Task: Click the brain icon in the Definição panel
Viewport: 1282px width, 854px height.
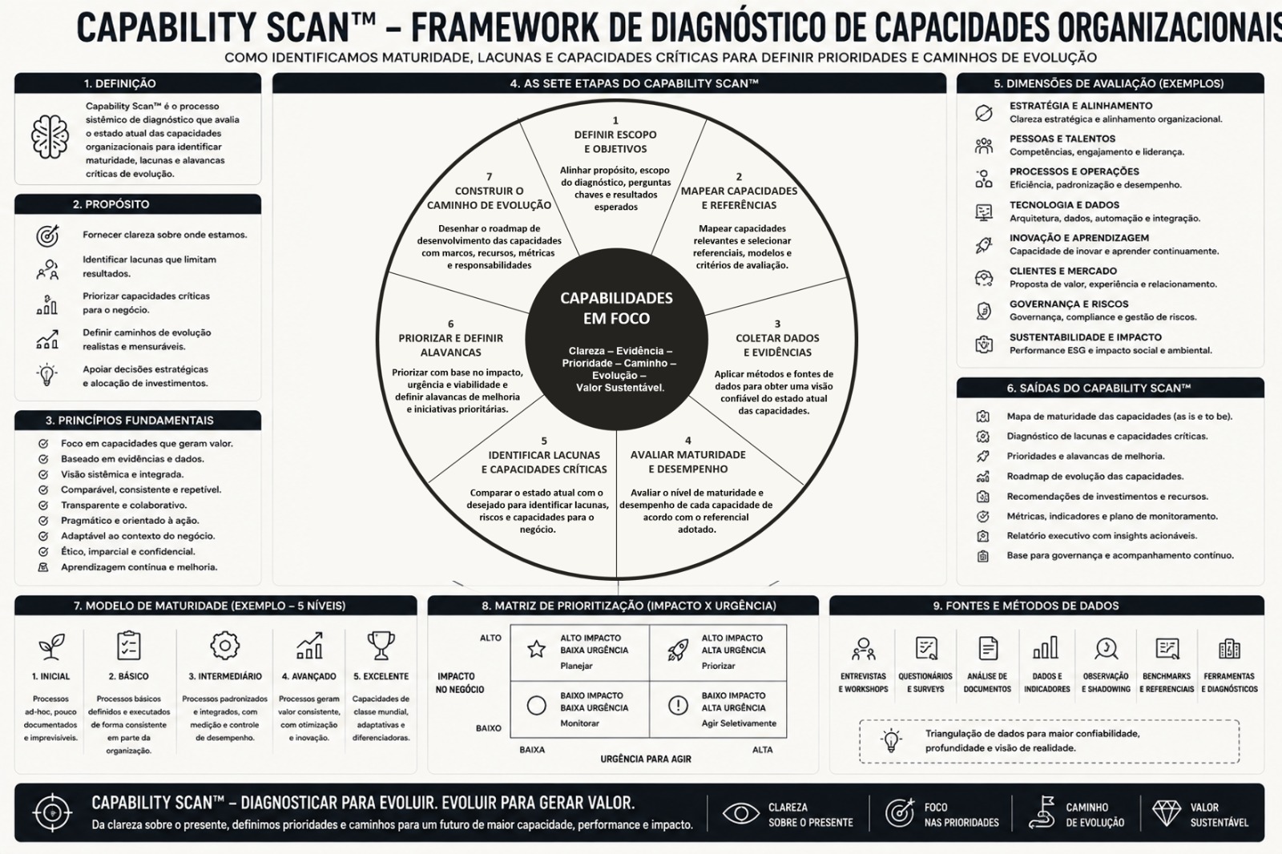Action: point(50,136)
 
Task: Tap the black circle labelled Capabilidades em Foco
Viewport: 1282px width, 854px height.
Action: point(616,340)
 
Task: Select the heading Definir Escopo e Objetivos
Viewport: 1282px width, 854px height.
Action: point(615,142)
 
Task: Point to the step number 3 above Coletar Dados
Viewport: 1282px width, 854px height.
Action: point(777,324)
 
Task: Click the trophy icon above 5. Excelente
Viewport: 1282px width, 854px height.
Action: point(381,646)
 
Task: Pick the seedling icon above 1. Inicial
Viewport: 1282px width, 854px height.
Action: point(51,646)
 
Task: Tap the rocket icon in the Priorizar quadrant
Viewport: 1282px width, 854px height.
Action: point(678,651)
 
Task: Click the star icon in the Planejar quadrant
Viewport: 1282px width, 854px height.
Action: point(536,649)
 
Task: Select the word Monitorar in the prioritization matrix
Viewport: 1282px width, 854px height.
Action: point(579,723)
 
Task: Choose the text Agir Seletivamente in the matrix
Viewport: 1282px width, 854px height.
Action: point(739,723)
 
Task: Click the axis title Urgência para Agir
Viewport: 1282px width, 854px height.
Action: point(646,759)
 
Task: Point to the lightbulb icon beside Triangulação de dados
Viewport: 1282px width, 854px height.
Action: point(891,741)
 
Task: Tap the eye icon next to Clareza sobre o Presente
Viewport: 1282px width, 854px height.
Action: point(740,813)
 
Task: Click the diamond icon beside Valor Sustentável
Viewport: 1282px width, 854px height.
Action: point(1166,813)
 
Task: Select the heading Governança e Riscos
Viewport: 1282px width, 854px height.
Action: point(1069,304)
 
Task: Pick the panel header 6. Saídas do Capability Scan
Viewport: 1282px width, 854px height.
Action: point(1110,388)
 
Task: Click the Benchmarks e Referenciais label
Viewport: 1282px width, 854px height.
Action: point(1167,683)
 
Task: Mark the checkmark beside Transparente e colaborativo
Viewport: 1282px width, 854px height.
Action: point(43,506)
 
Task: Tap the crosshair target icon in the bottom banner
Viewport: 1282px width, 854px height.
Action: point(52,813)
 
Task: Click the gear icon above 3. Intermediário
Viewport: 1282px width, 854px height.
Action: point(224,646)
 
